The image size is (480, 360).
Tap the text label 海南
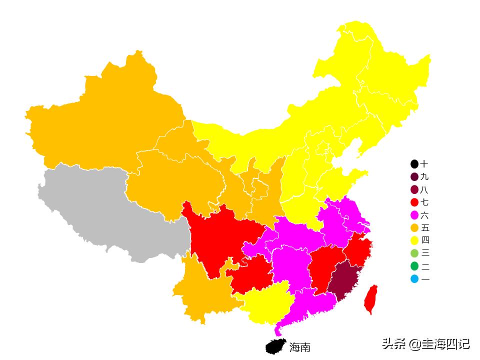(x=300, y=346)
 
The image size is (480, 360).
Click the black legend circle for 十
(x=414, y=164)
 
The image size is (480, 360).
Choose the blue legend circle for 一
(x=414, y=279)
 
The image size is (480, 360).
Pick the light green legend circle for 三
(x=414, y=253)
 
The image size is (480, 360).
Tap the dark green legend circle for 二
(x=414, y=266)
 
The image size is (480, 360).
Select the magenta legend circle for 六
(x=414, y=215)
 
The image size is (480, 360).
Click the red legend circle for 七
(x=414, y=202)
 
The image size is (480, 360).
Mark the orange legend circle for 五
(x=414, y=228)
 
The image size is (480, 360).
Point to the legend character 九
(x=424, y=176)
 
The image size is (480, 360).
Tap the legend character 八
(x=424, y=189)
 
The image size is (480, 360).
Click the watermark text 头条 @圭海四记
(x=425, y=344)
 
